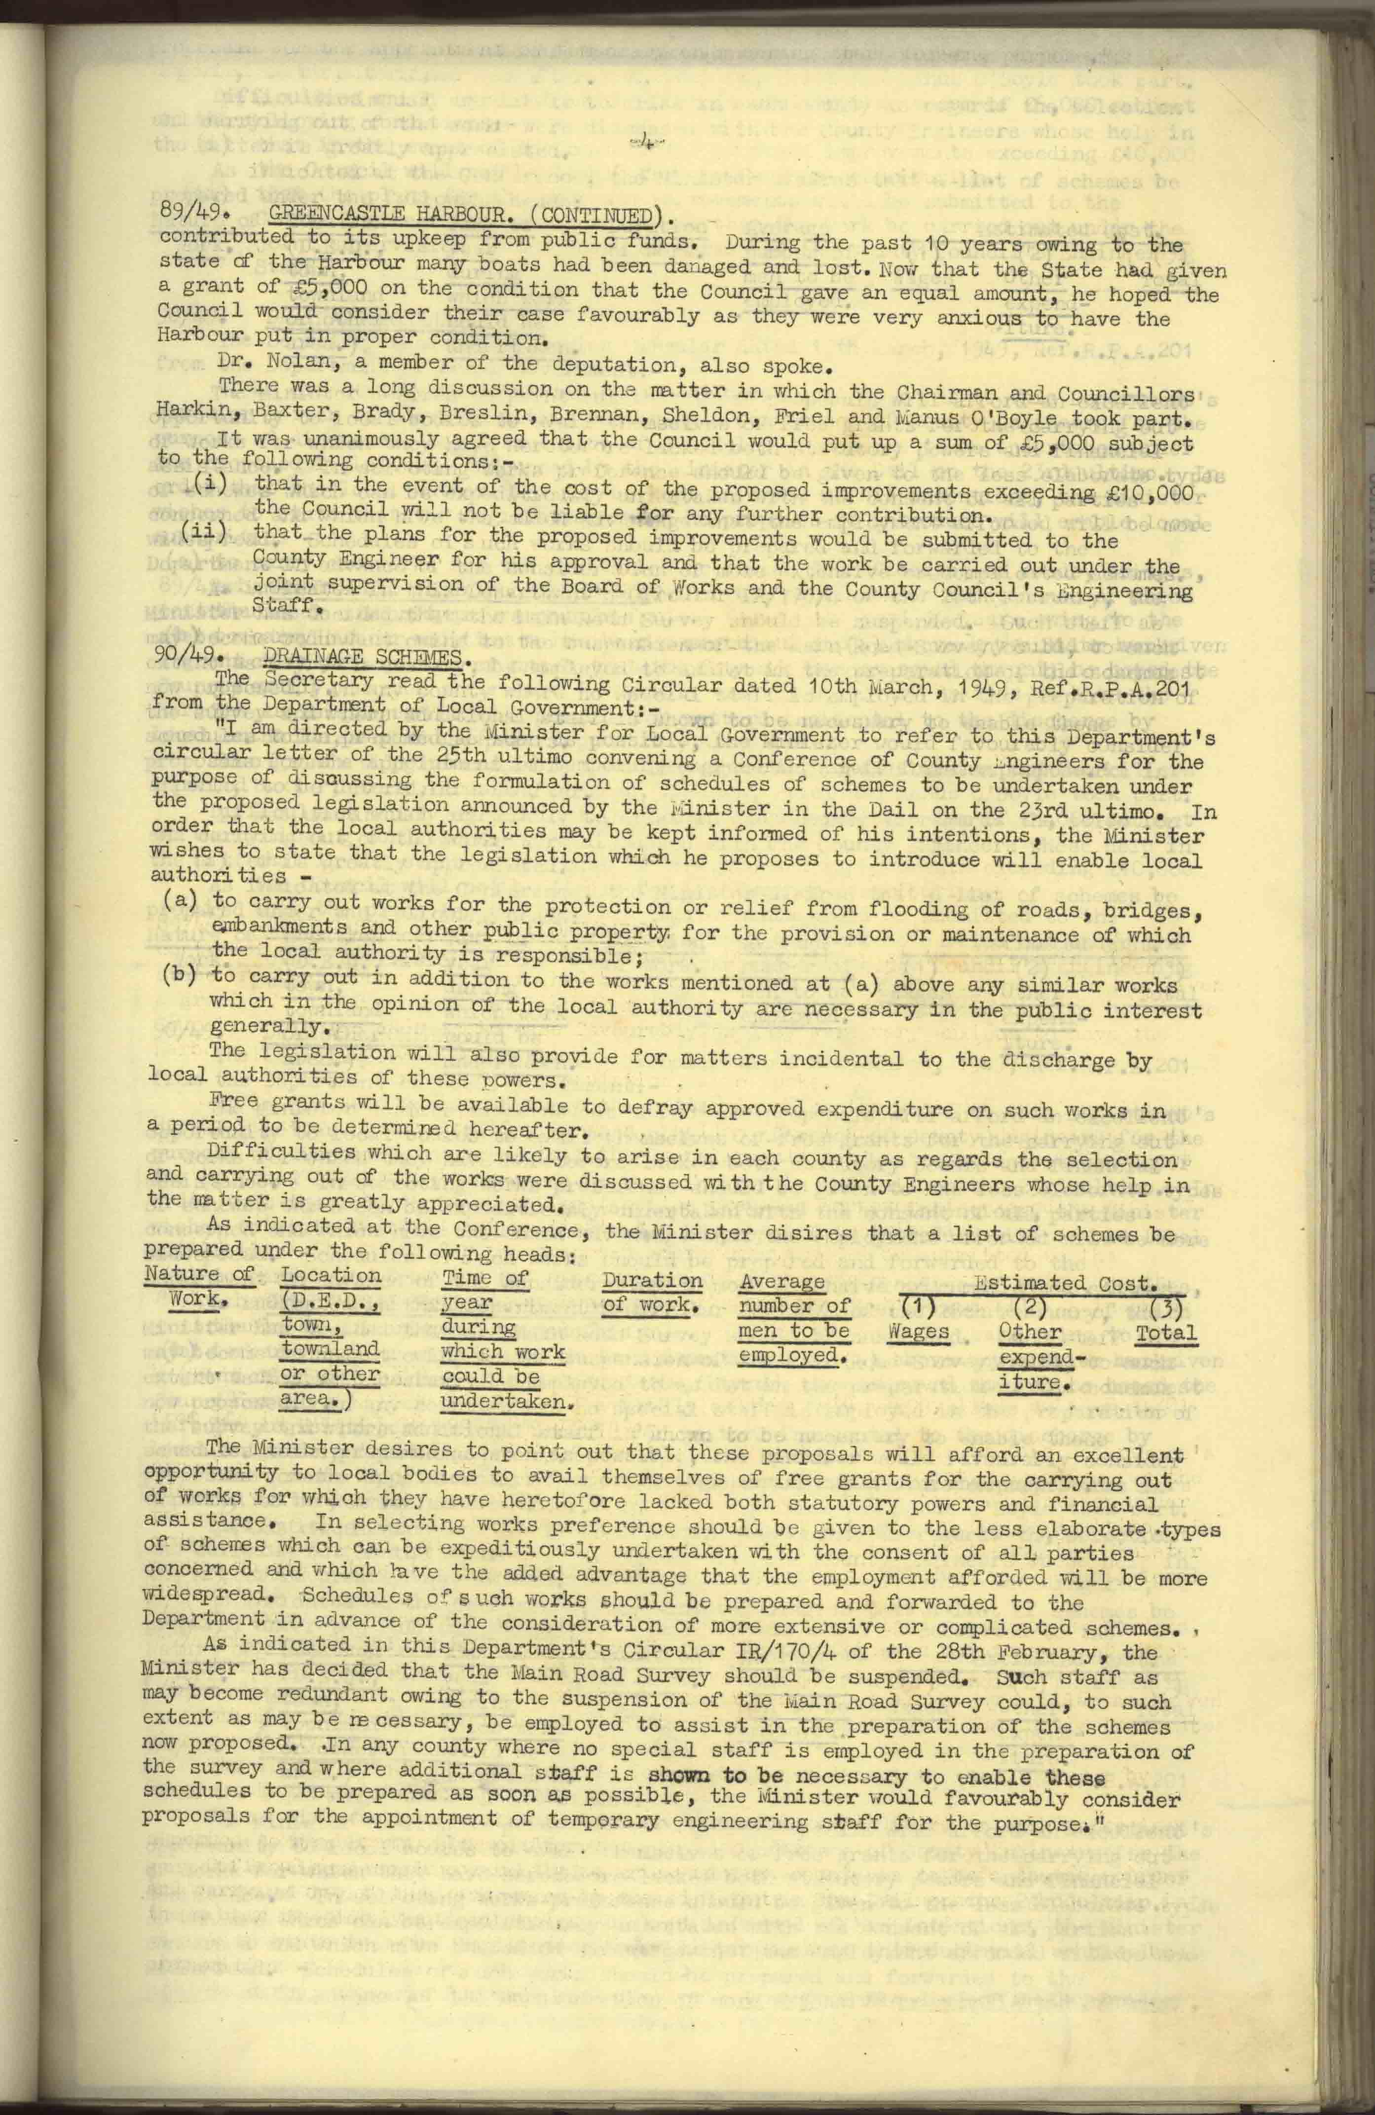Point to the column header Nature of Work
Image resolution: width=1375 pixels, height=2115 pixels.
pos(198,1286)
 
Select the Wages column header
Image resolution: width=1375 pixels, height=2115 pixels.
pos(919,1331)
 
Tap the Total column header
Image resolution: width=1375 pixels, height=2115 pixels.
pos(1165,1333)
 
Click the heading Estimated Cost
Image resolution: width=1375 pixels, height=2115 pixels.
pos(1065,1282)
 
